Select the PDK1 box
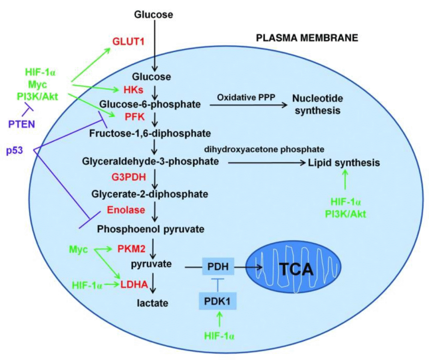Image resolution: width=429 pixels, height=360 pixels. [217, 301]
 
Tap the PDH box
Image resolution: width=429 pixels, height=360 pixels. [217, 266]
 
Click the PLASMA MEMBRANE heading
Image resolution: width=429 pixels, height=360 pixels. [307, 38]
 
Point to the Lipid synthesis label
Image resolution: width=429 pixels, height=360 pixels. [344, 162]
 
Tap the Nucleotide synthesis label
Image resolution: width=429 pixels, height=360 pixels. [318, 105]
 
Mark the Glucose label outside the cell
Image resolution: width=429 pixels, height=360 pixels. [154, 15]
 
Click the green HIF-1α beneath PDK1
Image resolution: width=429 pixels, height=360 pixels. [217, 335]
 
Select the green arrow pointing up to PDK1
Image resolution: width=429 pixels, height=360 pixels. [217, 320]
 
